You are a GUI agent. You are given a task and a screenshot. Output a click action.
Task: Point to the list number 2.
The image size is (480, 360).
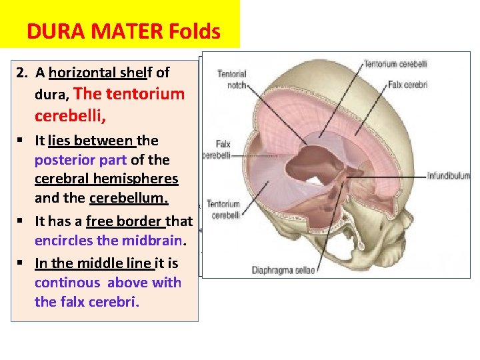click(21, 73)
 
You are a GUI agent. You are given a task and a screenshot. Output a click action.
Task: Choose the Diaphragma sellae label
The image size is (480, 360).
click(283, 270)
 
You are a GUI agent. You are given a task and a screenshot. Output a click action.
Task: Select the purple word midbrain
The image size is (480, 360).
click(157, 240)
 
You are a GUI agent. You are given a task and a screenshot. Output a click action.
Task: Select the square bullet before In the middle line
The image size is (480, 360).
click(23, 264)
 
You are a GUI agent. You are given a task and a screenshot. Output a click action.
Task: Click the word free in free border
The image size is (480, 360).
click(97, 221)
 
